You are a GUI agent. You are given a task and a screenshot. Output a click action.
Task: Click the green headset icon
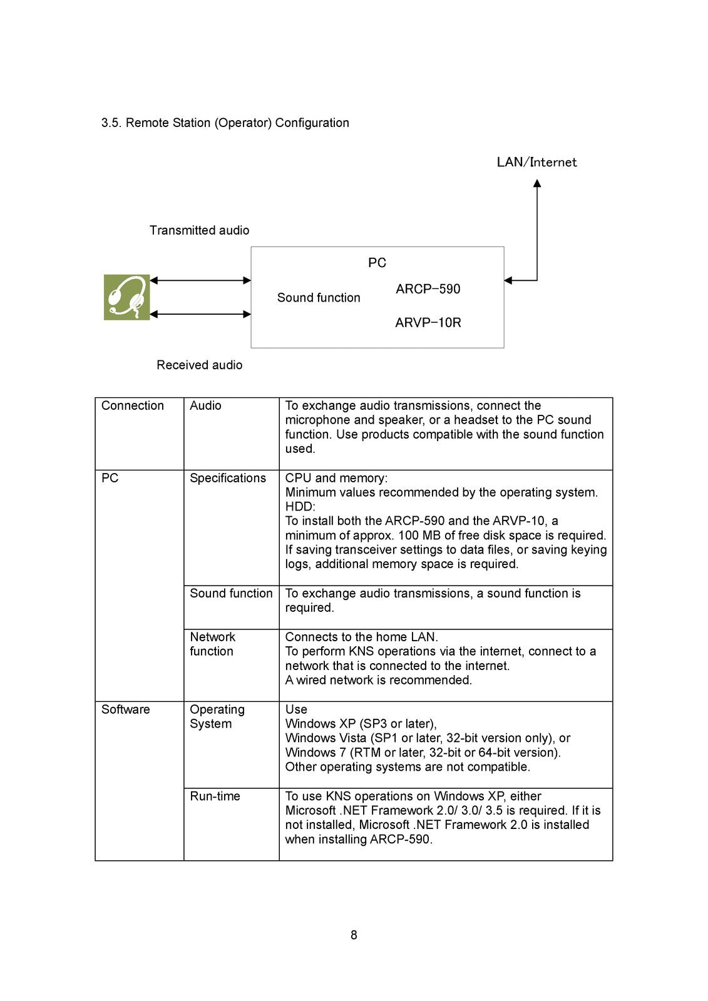[x=126, y=297]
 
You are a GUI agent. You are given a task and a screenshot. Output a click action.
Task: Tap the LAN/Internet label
[x=536, y=162]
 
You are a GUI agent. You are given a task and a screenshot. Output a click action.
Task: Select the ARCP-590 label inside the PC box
[x=428, y=289]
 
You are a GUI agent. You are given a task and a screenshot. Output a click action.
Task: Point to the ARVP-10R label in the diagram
[x=428, y=323]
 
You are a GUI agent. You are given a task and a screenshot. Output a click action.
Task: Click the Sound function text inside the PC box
[x=319, y=298]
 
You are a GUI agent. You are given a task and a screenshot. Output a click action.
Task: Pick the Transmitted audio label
[x=199, y=230]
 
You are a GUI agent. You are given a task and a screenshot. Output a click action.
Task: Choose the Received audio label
[x=199, y=365]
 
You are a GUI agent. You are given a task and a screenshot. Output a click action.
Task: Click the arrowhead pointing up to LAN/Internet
[x=536, y=183]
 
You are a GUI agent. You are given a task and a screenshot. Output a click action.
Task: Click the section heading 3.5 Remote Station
[x=225, y=123]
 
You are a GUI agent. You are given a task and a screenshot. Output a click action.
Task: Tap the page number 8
[x=354, y=935]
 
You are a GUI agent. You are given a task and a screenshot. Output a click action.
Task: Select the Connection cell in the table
[x=133, y=405]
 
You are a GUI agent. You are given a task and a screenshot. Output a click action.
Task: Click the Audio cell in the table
[x=205, y=405]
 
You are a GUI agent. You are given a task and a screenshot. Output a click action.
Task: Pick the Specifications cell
[x=228, y=478]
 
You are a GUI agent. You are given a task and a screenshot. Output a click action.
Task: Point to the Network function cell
[x=212, y=644]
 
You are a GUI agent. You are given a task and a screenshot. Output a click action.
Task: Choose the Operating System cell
[x=217, y=716]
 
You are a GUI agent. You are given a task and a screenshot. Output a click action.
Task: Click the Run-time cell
[x=215, y=796]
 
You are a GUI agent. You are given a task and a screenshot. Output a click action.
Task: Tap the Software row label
[x=125, y=709]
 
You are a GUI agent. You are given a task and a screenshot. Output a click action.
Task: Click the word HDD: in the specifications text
[x=300, y=507]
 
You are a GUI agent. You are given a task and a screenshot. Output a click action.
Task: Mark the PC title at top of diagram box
[x=377, y=263]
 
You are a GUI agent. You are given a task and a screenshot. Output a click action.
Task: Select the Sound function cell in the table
[x=231, y=593]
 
